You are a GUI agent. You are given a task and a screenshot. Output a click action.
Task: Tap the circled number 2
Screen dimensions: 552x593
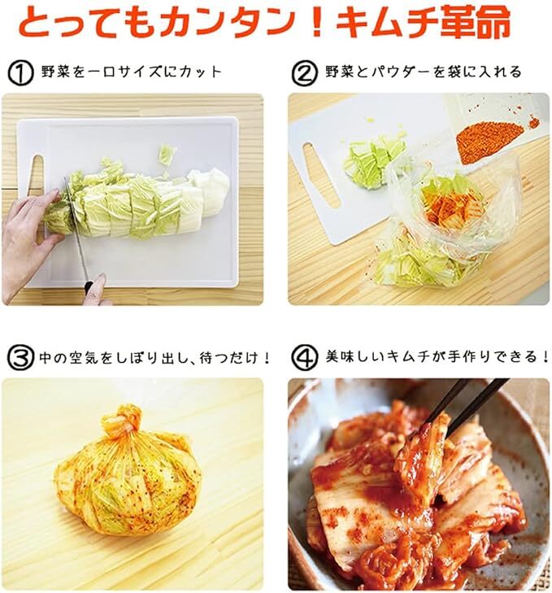coord(305,73)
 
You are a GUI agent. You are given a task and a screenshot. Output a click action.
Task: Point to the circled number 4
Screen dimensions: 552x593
coord(305,358)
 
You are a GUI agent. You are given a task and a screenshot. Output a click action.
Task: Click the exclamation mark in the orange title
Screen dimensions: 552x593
coord(317,23)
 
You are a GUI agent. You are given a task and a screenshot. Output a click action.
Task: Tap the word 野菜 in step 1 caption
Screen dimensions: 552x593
coord(56,72)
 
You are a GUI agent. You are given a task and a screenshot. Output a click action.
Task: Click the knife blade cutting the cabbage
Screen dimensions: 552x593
coord(76,227)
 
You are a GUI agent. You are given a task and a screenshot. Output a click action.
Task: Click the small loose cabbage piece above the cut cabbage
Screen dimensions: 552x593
coord(167,155)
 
